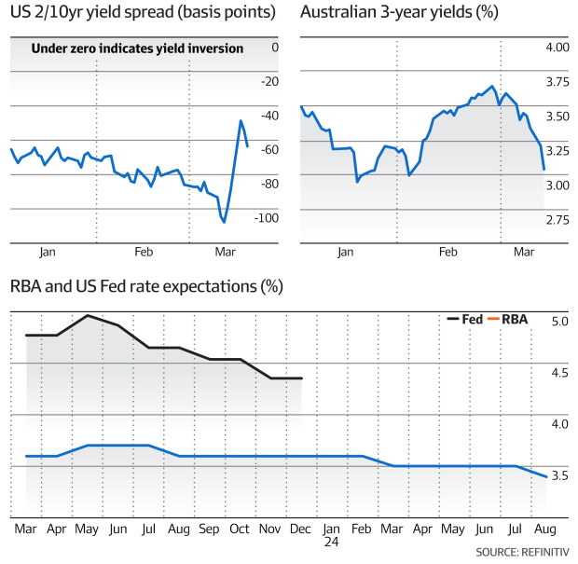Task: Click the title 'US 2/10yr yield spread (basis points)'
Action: point(143,13)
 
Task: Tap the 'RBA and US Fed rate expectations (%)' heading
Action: point(146,286)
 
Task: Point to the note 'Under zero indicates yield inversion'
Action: point(138,48)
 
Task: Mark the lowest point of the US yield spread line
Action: point(224,222)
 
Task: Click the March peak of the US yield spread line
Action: point(241,120)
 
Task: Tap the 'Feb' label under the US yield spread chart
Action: point(144,253)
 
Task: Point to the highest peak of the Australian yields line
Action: point(492,86)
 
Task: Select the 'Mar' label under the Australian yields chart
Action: point(524,253)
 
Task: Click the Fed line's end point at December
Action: point(302,378)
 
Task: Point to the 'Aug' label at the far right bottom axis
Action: point(544,528)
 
